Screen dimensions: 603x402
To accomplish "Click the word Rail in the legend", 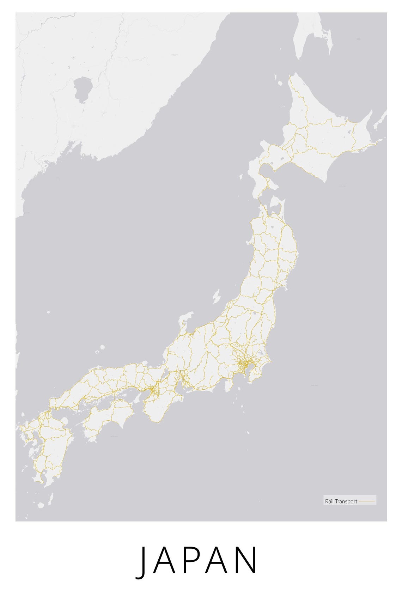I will click(x=329, y=501).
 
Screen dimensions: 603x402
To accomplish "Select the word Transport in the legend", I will click(x=346, y=501).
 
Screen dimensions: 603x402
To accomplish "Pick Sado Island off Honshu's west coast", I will click(x=216, y=297).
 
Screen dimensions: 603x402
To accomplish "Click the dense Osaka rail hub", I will click(x=152, y=390).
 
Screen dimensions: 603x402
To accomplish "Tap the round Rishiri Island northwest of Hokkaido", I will click(x=280, y=84).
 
